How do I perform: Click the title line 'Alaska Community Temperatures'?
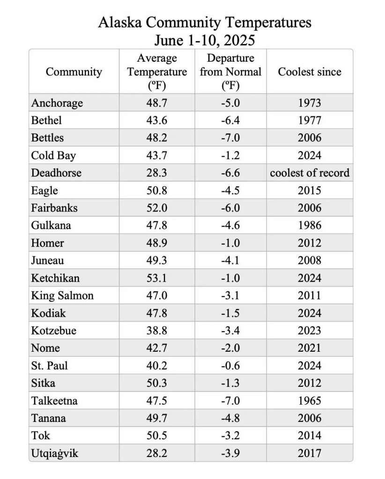205,22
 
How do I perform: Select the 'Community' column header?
74,72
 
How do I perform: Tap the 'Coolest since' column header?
309,72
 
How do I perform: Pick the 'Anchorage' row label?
57,103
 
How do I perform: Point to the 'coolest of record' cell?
310,173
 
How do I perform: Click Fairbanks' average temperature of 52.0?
157,208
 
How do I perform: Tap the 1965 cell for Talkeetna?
310,401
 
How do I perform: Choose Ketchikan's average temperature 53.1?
157,278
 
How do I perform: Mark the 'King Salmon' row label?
62,296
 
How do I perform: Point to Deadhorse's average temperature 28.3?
157,173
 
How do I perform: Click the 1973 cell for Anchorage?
310,103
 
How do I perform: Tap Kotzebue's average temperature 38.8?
157,331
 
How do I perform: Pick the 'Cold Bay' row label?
53,155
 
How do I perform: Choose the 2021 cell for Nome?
310,348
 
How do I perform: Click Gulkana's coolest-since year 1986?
310,225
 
